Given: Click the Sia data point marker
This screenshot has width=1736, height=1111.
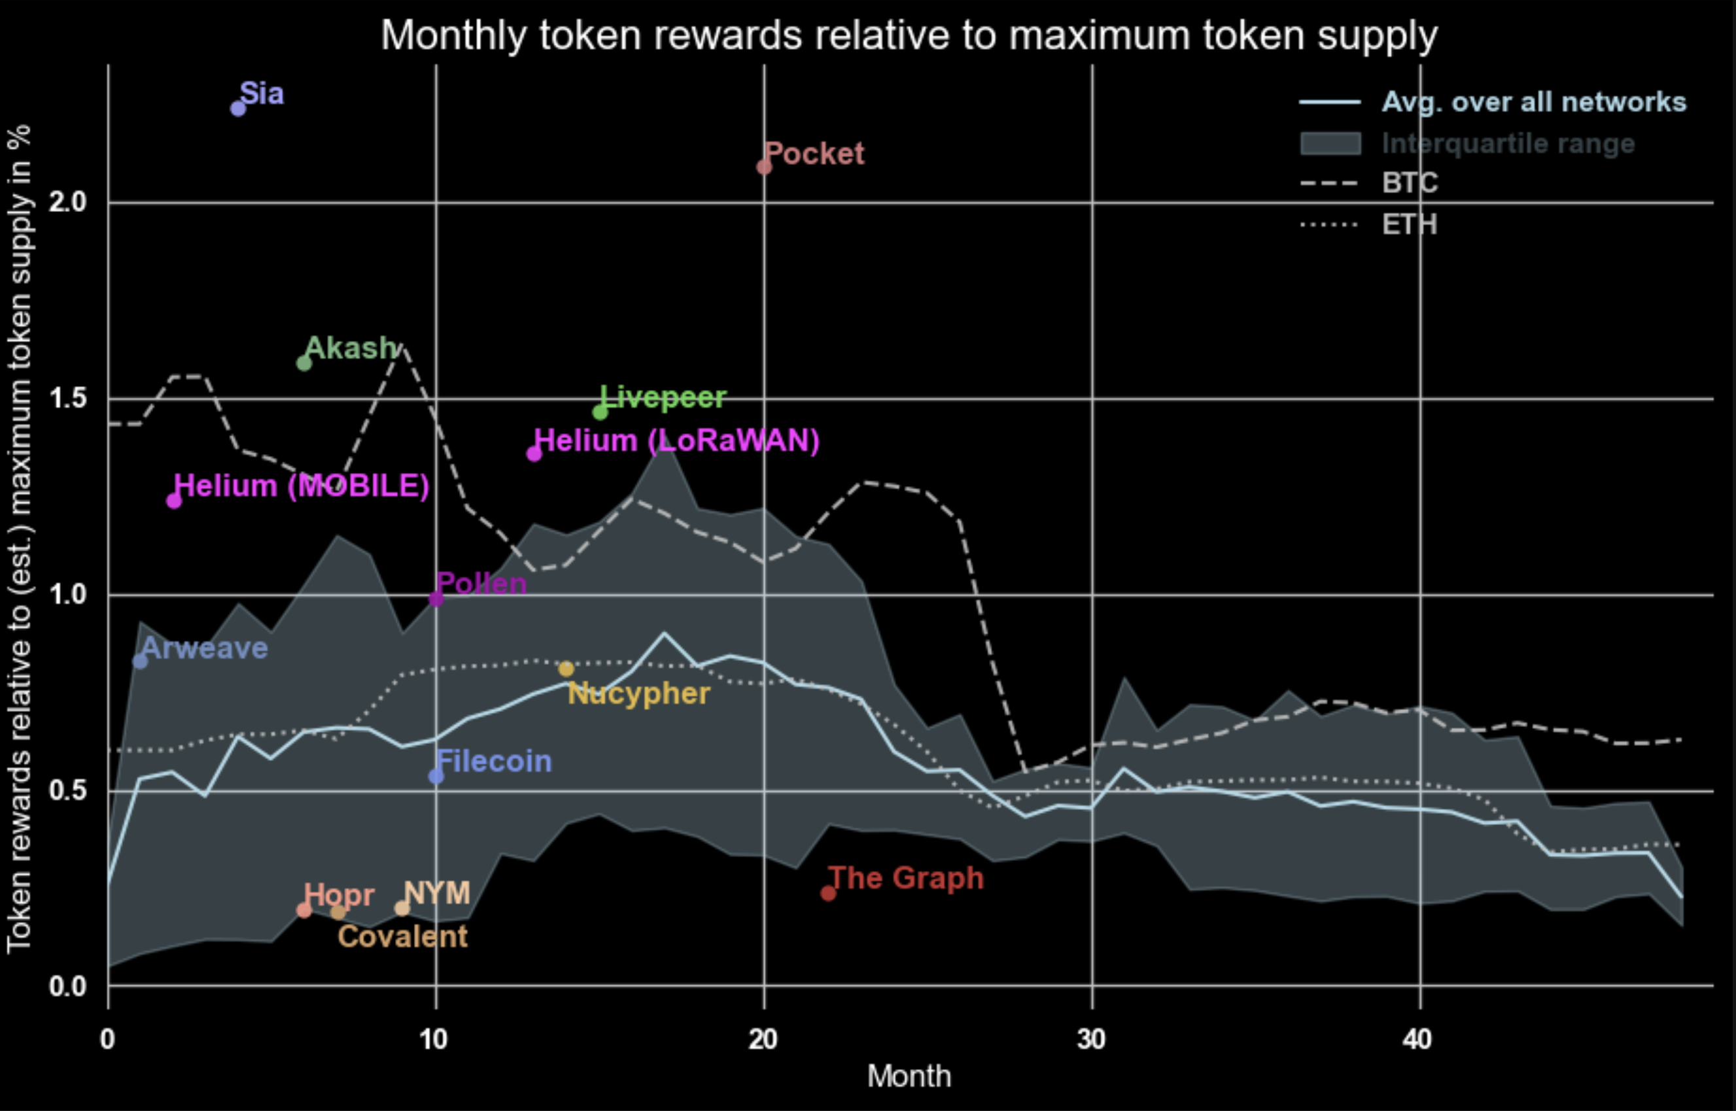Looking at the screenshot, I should [x=238, y=108].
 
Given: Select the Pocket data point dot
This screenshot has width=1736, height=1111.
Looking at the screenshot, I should [x=764, y=168].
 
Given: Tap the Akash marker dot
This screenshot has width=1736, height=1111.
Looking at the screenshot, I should [x=304, y=363].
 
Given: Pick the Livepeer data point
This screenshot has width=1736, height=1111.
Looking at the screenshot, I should [x=600, y=412].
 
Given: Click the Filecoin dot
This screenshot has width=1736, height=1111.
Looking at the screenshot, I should [x=436, y=776].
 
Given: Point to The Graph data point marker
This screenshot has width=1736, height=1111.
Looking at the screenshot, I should [x=828, y=894].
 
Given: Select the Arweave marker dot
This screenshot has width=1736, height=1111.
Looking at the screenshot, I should [x=141, y=661].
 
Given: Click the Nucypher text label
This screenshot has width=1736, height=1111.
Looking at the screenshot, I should [x=638, y=694].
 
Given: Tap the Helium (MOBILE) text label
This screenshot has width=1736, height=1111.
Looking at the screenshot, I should [x=302, y=486].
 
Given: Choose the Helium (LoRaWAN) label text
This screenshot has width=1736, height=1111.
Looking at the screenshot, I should [x=676, y=441].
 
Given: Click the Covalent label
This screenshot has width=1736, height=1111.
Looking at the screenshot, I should [x=402, y=937].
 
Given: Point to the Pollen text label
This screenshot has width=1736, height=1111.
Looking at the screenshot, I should [x=481, y=584].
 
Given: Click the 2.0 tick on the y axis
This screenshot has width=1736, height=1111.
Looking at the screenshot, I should [x=67, y=203].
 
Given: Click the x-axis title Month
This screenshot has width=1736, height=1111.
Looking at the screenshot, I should [x=909, y=1076].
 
